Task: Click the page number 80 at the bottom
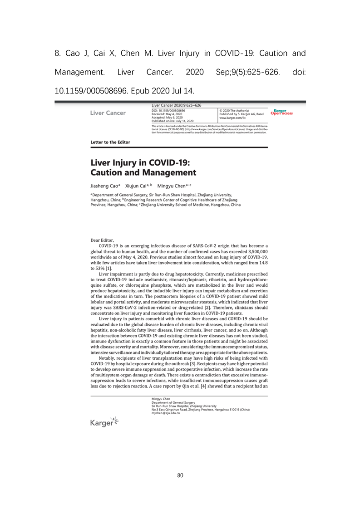(180, 475)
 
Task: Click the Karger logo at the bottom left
(104, 422)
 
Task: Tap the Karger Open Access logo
(281, 113)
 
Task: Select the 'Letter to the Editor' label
(110, 142)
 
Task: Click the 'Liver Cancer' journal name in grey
(108, 113)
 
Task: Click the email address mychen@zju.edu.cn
(166, 413)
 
